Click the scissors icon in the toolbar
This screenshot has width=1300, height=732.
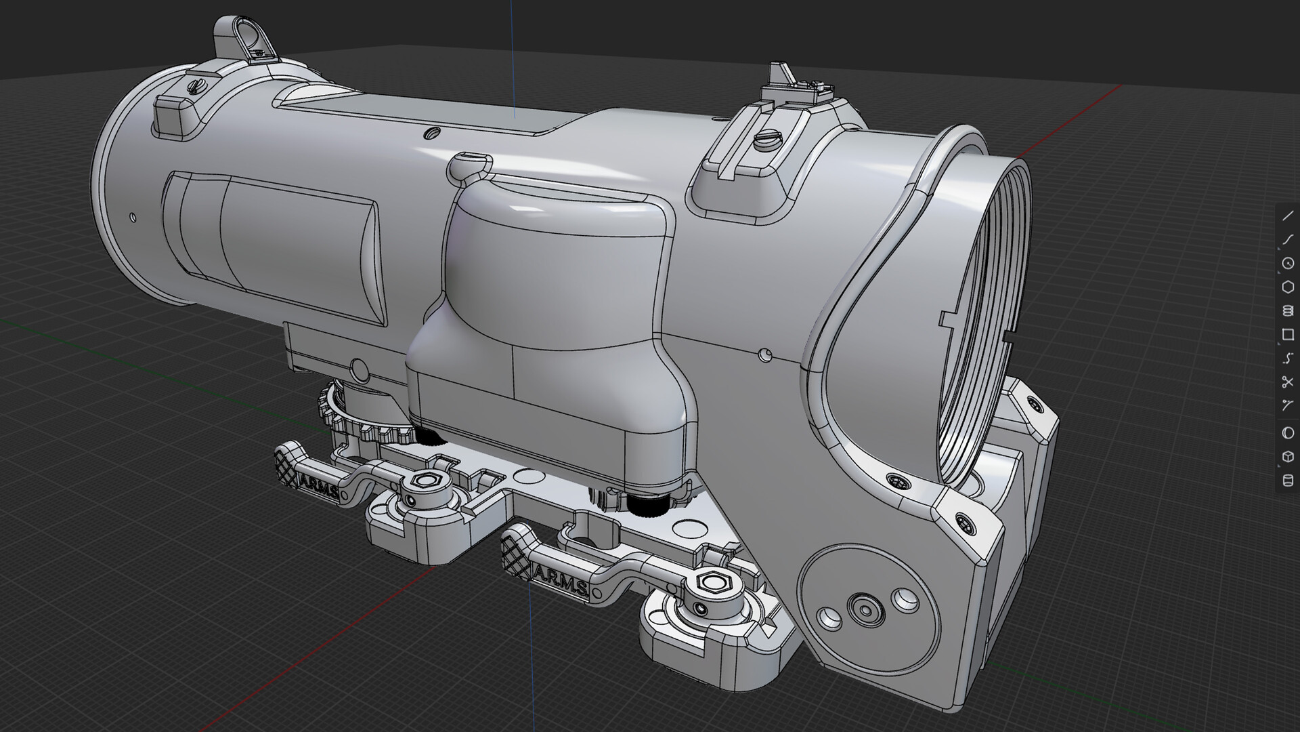[1287, 382]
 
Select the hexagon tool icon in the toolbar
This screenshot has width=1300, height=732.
[1287, 287]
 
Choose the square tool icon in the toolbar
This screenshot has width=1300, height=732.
[1287, 335]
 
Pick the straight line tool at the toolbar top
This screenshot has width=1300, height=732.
[1287, 216]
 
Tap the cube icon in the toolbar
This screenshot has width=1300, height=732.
[1287, 456]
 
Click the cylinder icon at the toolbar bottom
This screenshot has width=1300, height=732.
[1287, 481]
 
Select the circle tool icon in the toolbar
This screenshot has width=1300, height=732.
[1287, 263]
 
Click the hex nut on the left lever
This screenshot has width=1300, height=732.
[426, 480]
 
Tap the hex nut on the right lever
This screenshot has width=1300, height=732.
[708, 581]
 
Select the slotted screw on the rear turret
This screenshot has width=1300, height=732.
[196, 86]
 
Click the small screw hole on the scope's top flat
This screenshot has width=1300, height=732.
[431, 134]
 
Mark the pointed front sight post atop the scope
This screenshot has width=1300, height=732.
[778, 73]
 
